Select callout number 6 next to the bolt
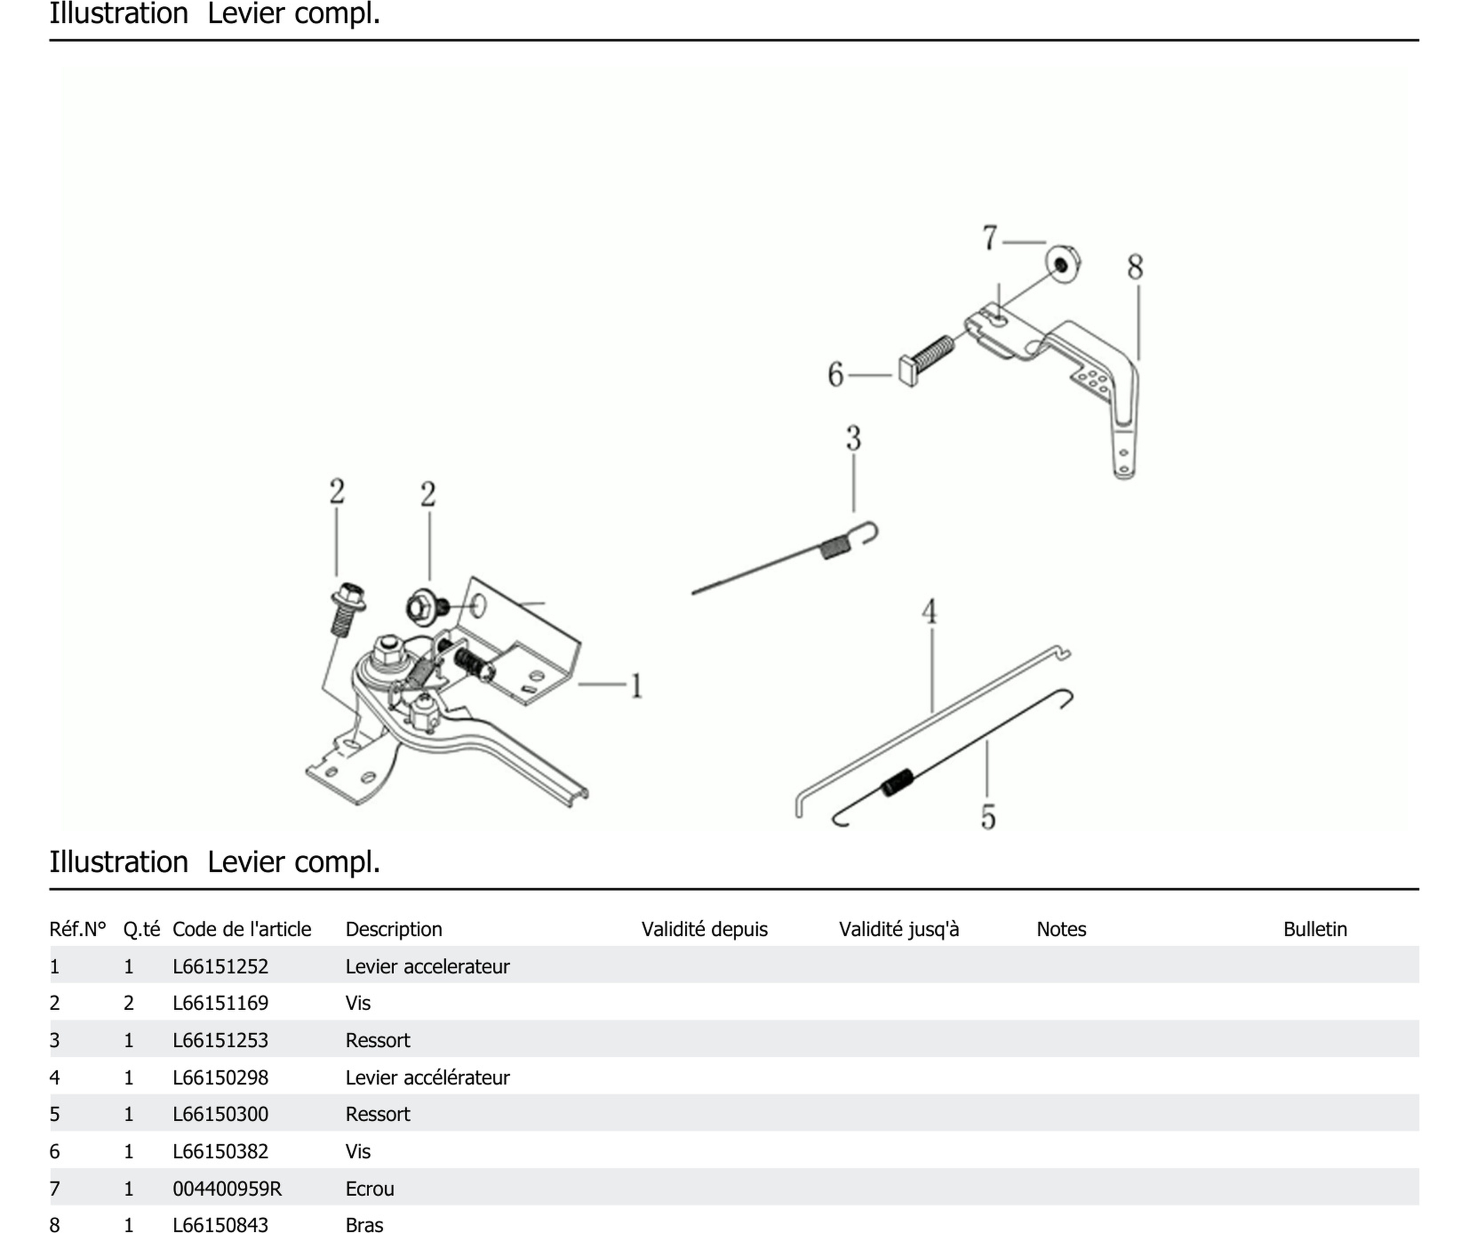[x=835, y=374]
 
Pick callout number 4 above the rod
[x=929, y=612]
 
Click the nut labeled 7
[x=1062, y=264]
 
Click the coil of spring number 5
[x=898, y=782]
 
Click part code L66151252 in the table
[x=220, y=966]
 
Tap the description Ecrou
[x=369, y=1188]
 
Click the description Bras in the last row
[x=364, y=1224]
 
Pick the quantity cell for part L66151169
[x=129, y=1003]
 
